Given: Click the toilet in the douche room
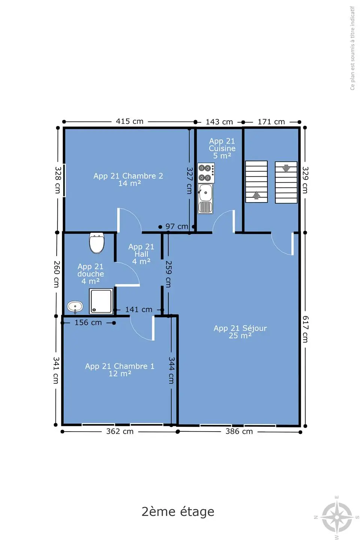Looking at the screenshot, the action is coord(97,243).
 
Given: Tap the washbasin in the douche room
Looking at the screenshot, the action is coord(75,307).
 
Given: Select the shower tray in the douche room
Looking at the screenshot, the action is coord(101,301).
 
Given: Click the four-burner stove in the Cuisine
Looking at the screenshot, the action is coord(206,173).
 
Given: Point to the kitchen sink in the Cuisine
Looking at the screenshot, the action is coord(205,199).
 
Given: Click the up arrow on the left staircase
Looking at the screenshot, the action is coord(256,195).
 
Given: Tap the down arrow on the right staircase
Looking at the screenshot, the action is coord(286,168).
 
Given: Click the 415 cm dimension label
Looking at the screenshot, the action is coord(129,121).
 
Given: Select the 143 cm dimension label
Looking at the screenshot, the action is coord(219,122).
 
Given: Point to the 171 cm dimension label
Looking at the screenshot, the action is coord(271,122).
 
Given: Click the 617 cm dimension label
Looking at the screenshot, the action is coord(305,329).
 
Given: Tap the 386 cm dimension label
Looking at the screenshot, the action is coord(239,431).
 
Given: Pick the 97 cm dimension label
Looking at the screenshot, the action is coord(177,226).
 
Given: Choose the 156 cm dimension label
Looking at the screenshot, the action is coord(88,322).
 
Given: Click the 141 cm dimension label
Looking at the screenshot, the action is coord(139,309).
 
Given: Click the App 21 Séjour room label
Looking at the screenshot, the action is coord(240,332).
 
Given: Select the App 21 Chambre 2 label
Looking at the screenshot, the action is coord(128,180).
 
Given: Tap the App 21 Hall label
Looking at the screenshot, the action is coord(141,254).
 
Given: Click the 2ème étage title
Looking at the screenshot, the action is coord(178,511).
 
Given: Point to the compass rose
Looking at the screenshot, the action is coord(337,517).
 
